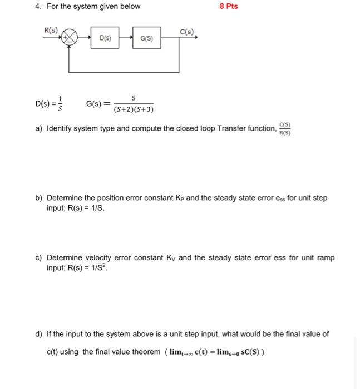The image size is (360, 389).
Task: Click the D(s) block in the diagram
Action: click(x=105, y=38)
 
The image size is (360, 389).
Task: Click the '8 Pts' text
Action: click(x=228, y=7)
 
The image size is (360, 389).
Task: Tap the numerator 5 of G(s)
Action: click(x=134, y=98)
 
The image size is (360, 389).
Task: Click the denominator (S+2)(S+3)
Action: click(x=134, y=109)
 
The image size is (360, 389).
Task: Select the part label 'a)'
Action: click(x=39, y=129)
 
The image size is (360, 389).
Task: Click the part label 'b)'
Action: click(x=39, y=198)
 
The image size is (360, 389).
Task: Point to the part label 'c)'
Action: click(x=39, y=258)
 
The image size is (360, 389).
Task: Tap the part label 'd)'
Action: click(x=39, y=334)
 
